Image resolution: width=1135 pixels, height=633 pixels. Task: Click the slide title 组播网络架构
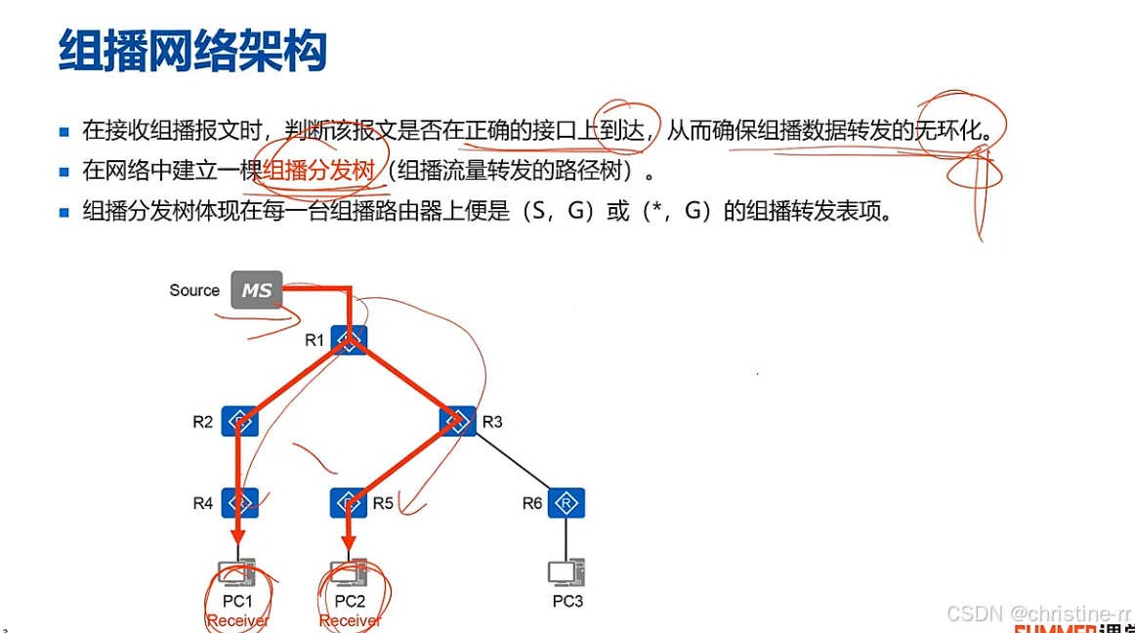(192, 50)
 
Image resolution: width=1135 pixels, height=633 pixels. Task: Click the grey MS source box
(257, 290)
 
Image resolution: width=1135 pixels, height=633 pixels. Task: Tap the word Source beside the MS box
(194, 290)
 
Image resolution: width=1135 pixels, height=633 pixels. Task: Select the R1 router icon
(349, 339)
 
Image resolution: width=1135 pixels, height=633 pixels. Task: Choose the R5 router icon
(349, 503)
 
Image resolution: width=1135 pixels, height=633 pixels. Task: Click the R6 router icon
(565, 503)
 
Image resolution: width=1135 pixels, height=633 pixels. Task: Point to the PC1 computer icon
(237, 572)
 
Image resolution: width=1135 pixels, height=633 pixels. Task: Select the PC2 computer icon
(349, 572)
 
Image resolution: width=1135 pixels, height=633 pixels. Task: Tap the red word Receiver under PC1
(237, 620)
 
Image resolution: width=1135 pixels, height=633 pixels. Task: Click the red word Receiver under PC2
(351, 620)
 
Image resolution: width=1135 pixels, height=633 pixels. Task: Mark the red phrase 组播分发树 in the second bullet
(318, 171)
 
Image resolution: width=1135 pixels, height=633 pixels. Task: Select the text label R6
(531, 503)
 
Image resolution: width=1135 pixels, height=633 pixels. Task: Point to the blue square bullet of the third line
(64, 212)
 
